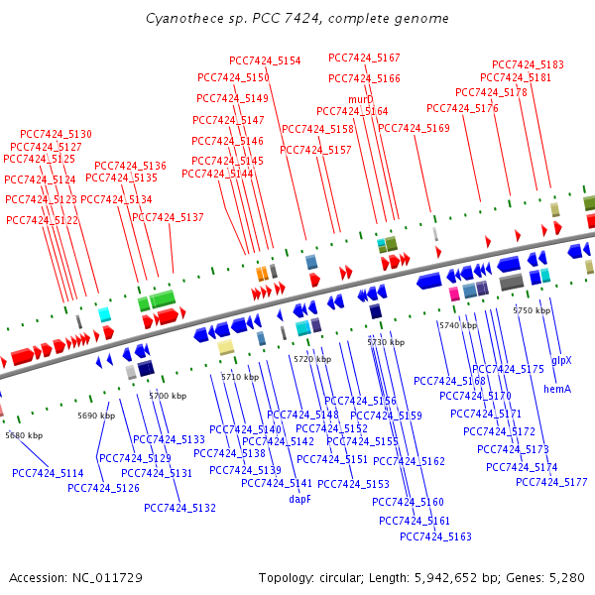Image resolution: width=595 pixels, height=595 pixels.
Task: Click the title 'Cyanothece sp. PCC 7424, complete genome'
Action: (x=297, y=18)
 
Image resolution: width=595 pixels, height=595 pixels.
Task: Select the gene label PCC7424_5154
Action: (x=265, y=60)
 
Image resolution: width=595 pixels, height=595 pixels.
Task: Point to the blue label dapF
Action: (x=300, y=500)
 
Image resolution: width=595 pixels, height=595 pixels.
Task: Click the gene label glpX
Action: (x=561, y=360)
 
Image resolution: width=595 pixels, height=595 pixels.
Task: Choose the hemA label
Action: (x=556, y=390)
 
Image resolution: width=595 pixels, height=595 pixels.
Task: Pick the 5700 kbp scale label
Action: (x=168, y=396)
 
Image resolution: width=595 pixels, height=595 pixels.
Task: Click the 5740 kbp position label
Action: (x=457, y=325)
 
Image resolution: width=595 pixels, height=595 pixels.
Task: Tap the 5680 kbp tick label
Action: (x=24, y=435)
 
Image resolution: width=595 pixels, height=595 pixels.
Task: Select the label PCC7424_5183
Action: (x=528, y=64)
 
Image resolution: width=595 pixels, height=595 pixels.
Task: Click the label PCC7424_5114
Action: (x=48, y=473)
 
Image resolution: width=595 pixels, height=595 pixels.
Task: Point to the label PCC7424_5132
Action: (x=179, y=508)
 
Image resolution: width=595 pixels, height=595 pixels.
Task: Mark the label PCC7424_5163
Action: (x=435, y=536)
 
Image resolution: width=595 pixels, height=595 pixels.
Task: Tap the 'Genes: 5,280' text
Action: (x=551, y=577)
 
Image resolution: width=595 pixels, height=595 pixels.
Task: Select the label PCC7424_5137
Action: (x=168, y=217)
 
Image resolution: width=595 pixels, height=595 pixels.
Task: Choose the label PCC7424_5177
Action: (x=552, y=482)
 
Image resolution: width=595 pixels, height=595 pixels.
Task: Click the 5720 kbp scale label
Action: (x=311, y=359)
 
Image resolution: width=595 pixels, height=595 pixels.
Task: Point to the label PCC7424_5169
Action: (x=414, y=128)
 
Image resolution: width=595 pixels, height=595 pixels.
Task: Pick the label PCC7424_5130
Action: (x=56, y=134)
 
